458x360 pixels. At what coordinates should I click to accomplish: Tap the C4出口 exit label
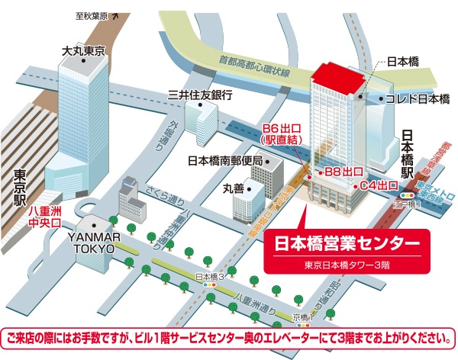[379, 185]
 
